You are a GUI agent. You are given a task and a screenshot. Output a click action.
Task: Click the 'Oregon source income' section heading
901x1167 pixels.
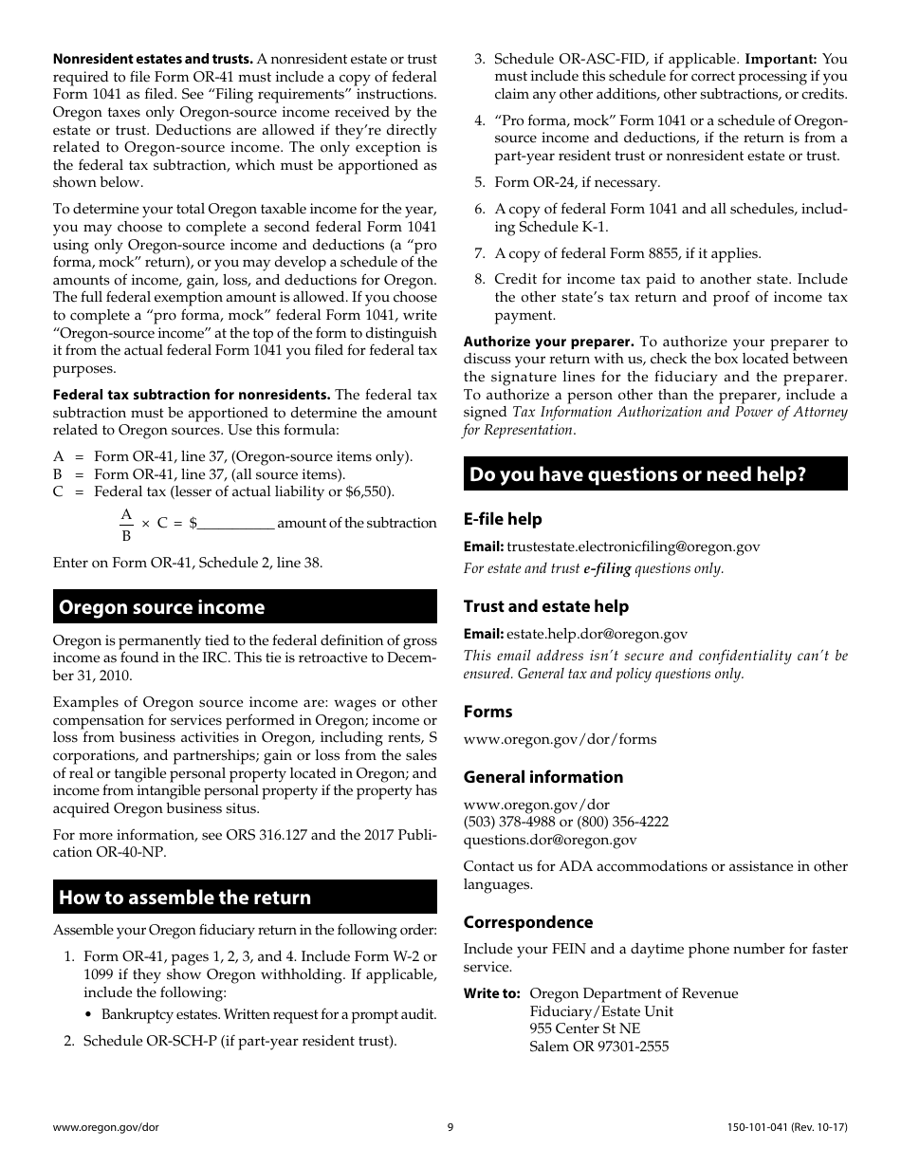(162, 607)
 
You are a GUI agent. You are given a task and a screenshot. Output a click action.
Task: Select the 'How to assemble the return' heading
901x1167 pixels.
(185, 898)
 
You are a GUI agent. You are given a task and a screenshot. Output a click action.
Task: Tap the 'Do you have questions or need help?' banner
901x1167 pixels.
(637, 474)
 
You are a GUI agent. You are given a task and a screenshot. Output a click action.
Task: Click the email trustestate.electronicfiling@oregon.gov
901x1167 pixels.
(633, 546)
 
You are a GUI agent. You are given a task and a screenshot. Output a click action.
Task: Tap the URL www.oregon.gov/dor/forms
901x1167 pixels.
(560, 739)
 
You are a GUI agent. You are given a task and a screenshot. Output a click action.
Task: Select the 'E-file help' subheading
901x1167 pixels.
(503, 519)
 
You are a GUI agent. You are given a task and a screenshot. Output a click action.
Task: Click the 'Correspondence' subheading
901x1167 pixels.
(528, 922)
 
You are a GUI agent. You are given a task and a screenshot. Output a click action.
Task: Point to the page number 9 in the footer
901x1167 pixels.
(450, 1127)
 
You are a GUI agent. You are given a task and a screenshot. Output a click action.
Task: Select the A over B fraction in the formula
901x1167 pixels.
(126, 524)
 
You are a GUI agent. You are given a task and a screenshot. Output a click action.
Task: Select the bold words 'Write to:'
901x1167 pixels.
(491, 994)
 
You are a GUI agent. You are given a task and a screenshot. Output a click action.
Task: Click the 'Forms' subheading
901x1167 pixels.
(487, 712)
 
